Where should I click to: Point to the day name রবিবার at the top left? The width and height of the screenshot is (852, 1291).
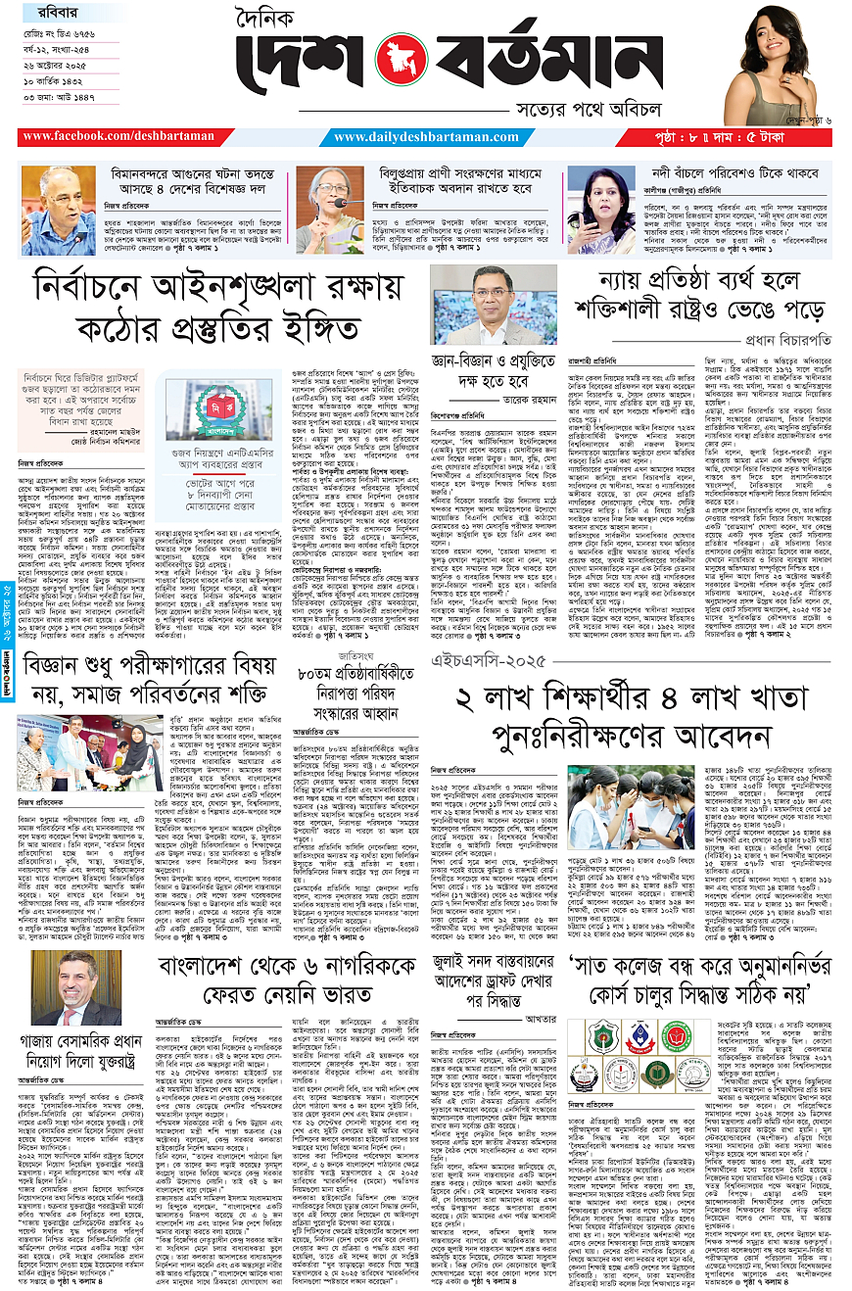pos(41,14)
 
